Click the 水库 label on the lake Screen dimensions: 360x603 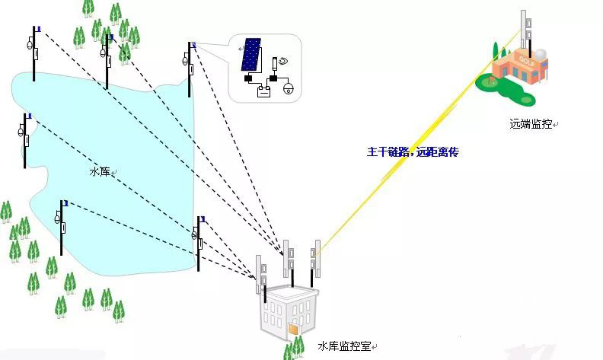(100, 172)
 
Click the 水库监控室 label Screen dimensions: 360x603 (343, 346)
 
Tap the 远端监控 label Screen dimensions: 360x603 (531, 123)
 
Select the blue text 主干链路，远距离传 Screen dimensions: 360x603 (413, 152)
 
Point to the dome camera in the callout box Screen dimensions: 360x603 (289, 88)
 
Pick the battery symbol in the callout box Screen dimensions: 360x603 (263, 92)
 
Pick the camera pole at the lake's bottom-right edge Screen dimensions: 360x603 (199, 242)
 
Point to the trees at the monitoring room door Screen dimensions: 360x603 (294, 347)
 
